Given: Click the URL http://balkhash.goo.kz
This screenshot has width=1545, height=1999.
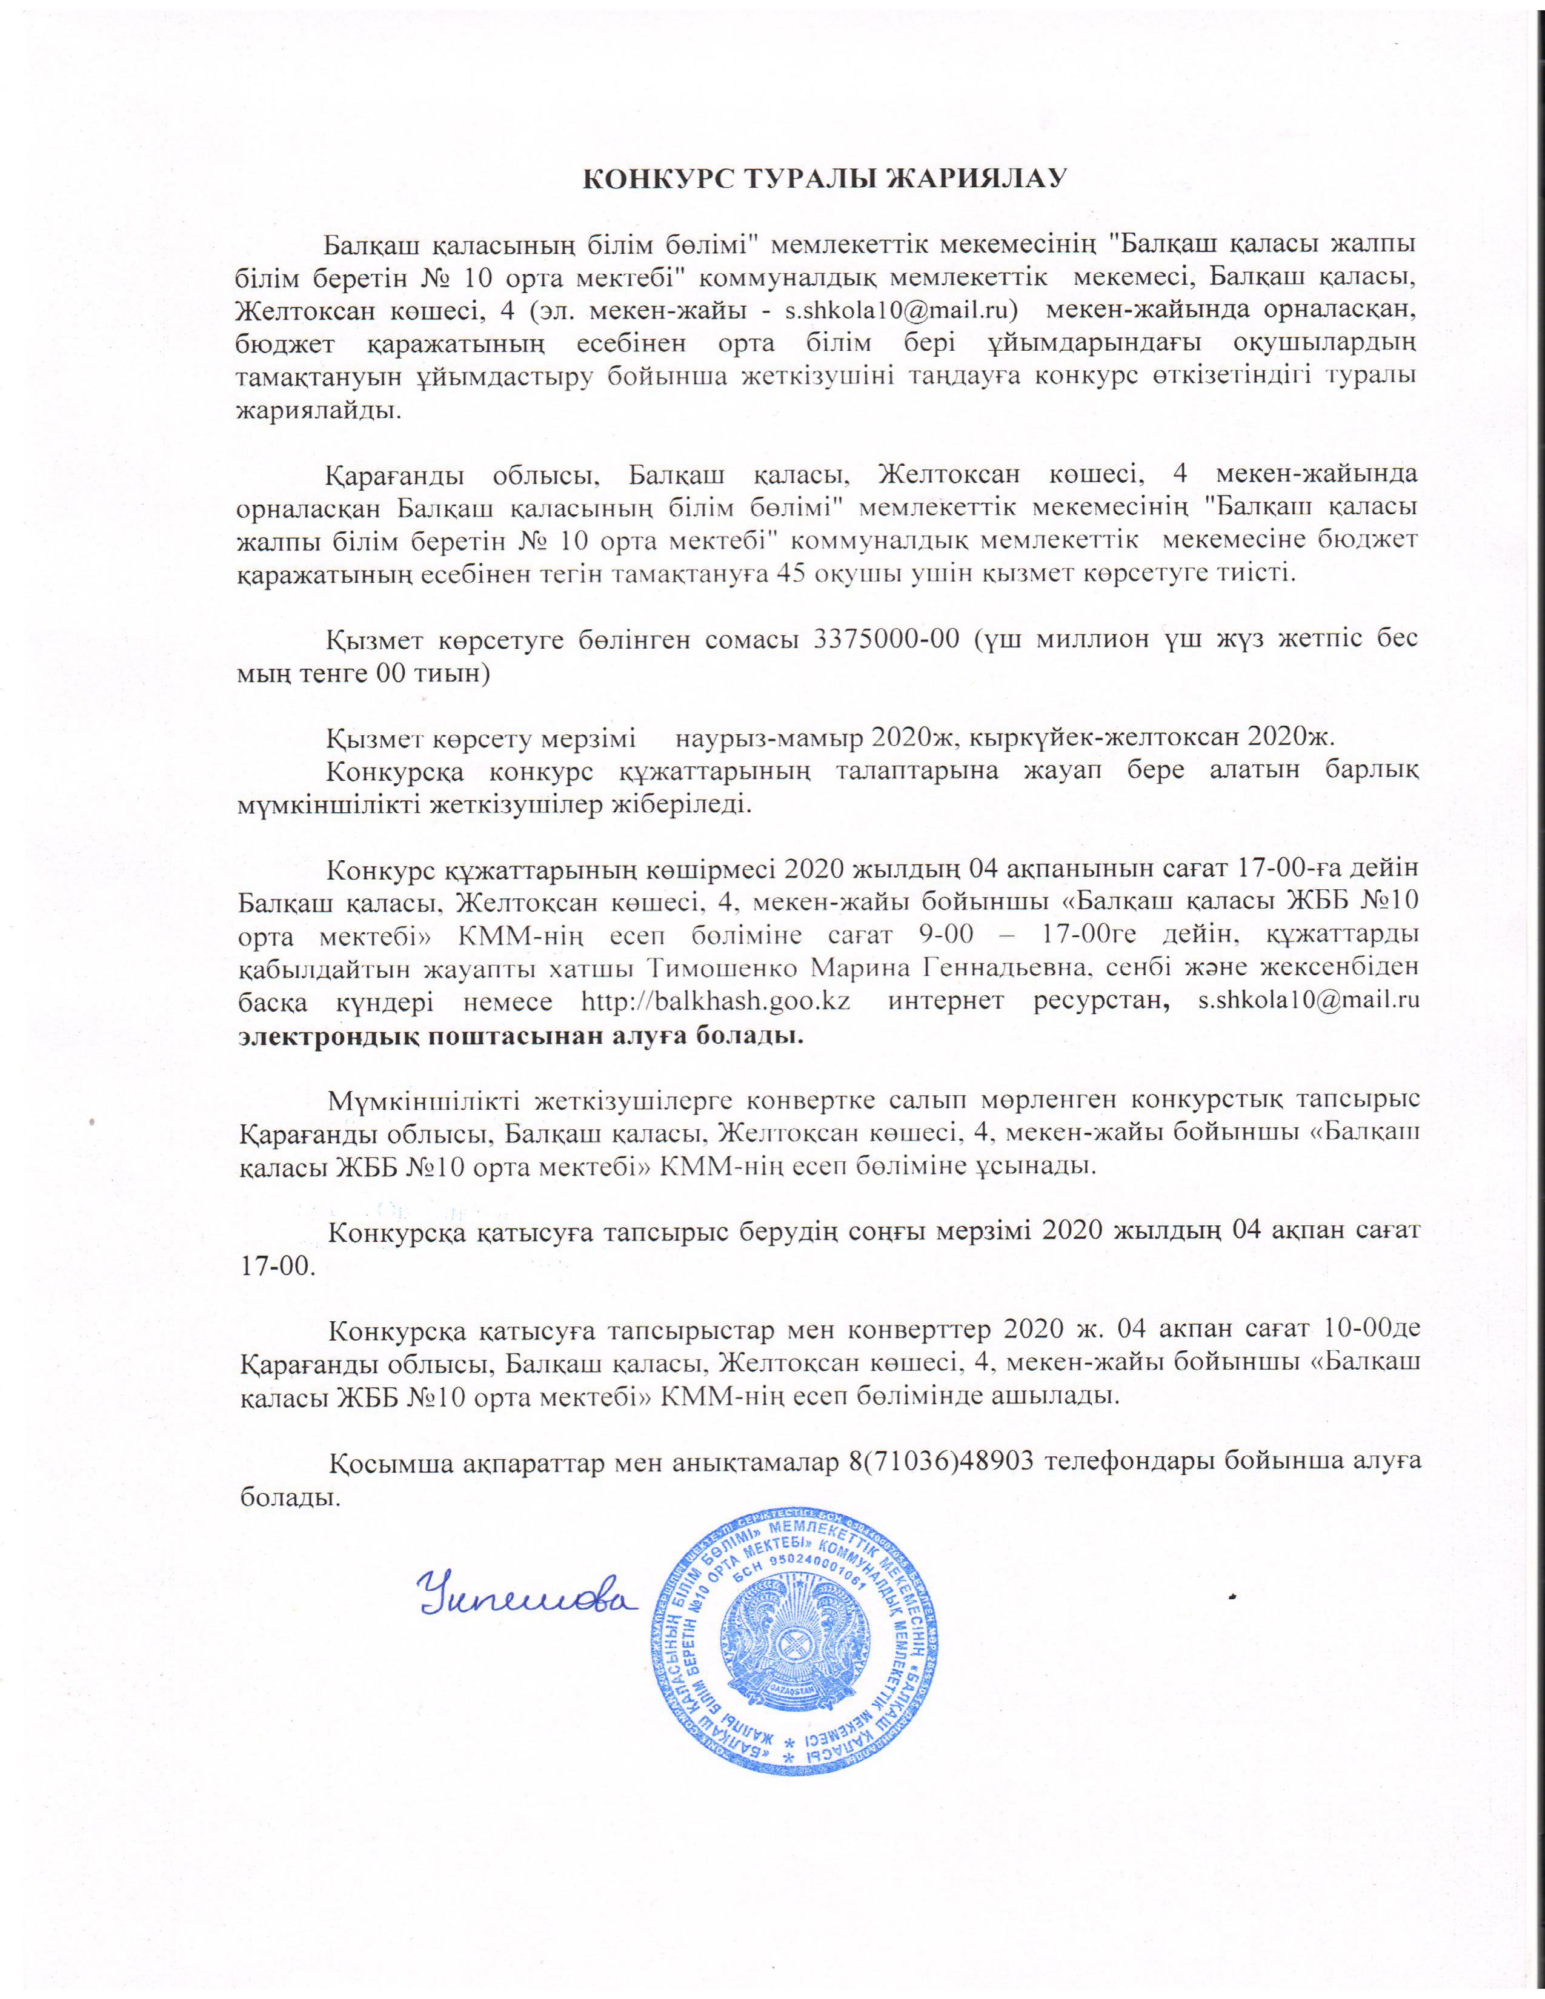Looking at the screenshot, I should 715,1001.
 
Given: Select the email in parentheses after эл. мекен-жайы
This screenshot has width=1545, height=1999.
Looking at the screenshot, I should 903,310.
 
